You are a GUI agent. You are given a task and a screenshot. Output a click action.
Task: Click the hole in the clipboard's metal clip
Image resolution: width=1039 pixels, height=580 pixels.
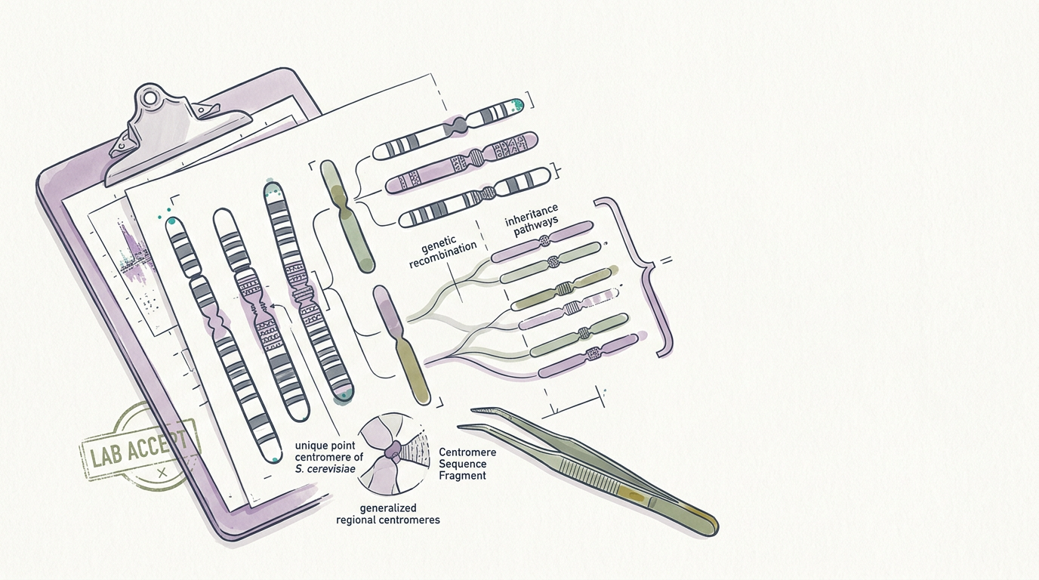pyautogui.click(x=150, y=98)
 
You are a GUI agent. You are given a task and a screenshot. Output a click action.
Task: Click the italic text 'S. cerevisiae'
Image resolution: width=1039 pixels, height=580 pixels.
pyautogui.click(x=325, y=469)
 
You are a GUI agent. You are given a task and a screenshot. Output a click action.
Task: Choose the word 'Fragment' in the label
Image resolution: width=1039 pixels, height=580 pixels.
pyautogui.click(x=462, y=476)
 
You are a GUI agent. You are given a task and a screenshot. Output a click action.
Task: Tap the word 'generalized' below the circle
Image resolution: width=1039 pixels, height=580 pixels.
pyautogui.click(x=388, y=508)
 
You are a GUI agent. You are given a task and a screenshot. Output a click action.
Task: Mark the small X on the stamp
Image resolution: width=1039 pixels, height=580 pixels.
pyautogui.click(x=162, y=474)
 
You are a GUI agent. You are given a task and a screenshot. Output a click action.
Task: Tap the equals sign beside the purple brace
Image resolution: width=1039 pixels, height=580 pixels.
pyautogui.click(x=667, y=261)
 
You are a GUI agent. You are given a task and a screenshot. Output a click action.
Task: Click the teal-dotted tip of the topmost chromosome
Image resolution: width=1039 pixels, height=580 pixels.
pyautogui.click(x=516, y=105)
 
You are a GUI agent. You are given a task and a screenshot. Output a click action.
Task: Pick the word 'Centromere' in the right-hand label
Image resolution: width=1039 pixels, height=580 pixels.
pyautogui.click(x=467, y=452)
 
